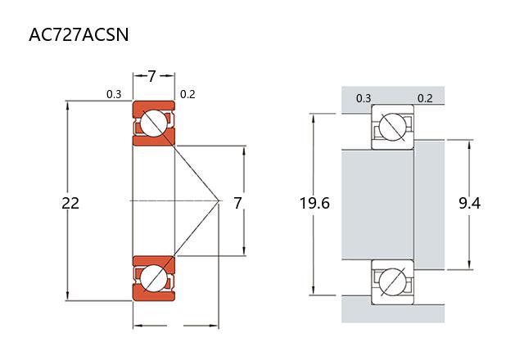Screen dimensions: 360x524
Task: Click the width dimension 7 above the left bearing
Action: [152, 76]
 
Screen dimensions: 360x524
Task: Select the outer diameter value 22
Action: [70, 202]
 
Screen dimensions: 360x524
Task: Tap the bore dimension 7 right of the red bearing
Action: [237, 202]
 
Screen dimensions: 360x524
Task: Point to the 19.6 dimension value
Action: [314, 203]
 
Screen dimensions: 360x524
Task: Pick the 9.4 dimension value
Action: [469, 203]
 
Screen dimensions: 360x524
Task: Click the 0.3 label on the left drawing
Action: [114, 94]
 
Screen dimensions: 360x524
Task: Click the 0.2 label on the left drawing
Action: [187, 94]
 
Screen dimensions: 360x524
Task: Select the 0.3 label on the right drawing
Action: [364, 99]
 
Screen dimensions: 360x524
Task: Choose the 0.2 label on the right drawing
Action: [425, 99]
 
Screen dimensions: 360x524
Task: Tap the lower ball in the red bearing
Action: [153, 277]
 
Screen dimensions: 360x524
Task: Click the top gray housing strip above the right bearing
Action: [393, 96]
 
